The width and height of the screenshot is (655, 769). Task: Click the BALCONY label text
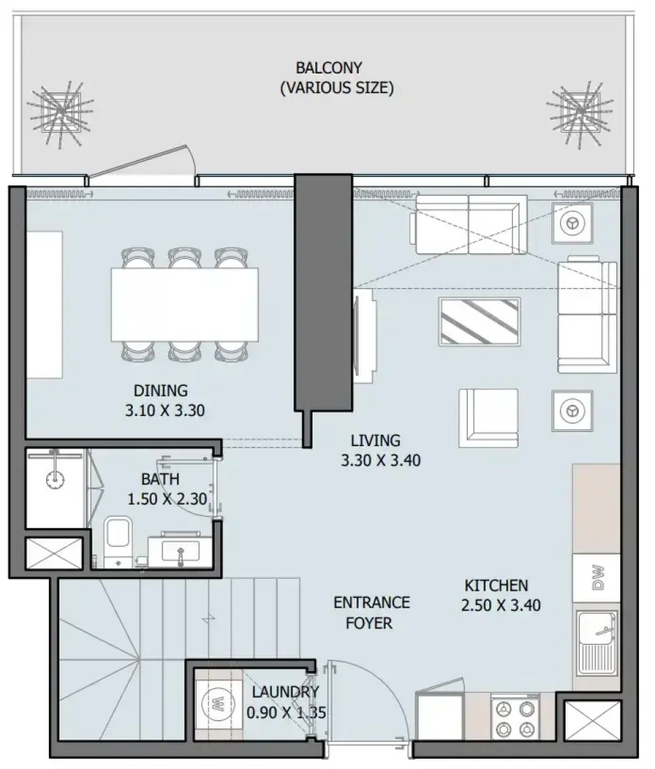pyautogui.click(x=329, y=68)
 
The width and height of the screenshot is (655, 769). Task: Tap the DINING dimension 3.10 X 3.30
pyautogui.click(x=165, y=410)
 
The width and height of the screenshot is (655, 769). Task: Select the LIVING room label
pyautogui.click(x=375, y=440)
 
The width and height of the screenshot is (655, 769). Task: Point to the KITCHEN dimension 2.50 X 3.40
pyautogui.click(x=501, y=605)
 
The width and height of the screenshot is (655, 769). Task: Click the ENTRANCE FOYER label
pyautogui.click(x=371, y=612)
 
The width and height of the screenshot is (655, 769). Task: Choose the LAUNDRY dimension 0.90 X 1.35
pyautogui.click(x=286, y=712)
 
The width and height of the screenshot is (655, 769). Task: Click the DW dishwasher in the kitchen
pyautogui.click(x=597, y=577)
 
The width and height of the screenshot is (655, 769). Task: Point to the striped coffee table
pyautogui.click(x=480, y=322)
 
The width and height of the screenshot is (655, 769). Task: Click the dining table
pyautogui.click(x=185, y=304)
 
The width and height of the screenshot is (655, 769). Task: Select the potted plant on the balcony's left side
pyautogui.click(x=60, y=112)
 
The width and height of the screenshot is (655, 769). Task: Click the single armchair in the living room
pyautogui.click(x=489, y=418)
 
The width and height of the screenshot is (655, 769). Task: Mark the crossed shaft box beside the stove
pyautogui.click(x=593, y=720)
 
